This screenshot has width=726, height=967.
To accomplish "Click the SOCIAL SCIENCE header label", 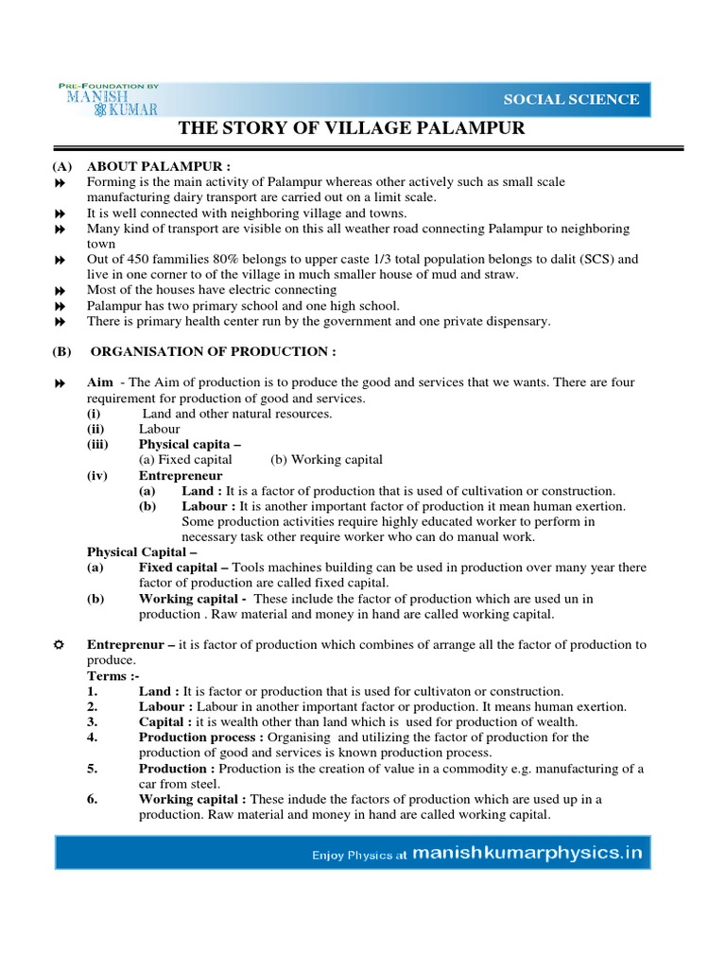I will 570,99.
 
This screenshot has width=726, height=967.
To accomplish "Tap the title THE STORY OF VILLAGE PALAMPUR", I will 352,128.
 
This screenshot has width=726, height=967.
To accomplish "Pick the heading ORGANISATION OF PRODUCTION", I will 214,351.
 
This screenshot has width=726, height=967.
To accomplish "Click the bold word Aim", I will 100,382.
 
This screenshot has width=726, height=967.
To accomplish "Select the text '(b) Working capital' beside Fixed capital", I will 326,460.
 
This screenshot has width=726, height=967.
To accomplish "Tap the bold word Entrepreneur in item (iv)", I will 181,475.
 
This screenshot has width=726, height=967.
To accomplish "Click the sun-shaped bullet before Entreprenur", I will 59,644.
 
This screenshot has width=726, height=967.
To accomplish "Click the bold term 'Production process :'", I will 201,737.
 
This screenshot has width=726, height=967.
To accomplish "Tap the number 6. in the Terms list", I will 93,799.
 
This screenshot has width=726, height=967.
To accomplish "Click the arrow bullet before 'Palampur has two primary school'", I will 59,306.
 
